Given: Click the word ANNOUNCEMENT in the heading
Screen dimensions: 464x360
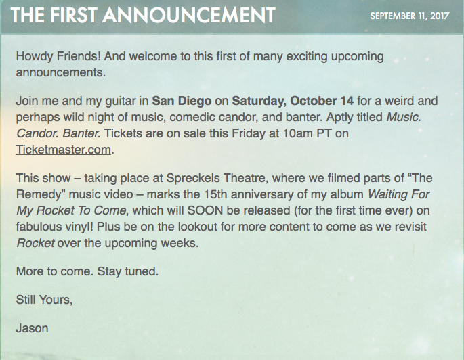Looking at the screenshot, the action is (x=189, y=16).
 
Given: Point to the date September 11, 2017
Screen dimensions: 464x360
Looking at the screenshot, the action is (x=410, y=16).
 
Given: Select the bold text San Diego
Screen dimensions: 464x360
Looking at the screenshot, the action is (x=182, y=101).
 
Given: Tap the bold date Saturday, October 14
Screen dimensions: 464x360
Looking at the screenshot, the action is (x=293, y=101).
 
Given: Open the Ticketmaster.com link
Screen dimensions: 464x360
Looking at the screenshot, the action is (x=63, y=150).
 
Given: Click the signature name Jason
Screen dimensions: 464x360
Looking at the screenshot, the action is (x=32, y=328).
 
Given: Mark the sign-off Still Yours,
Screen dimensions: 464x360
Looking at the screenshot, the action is (x=44, y=300).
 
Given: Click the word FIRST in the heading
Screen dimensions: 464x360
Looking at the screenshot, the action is (x=74, y=16).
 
